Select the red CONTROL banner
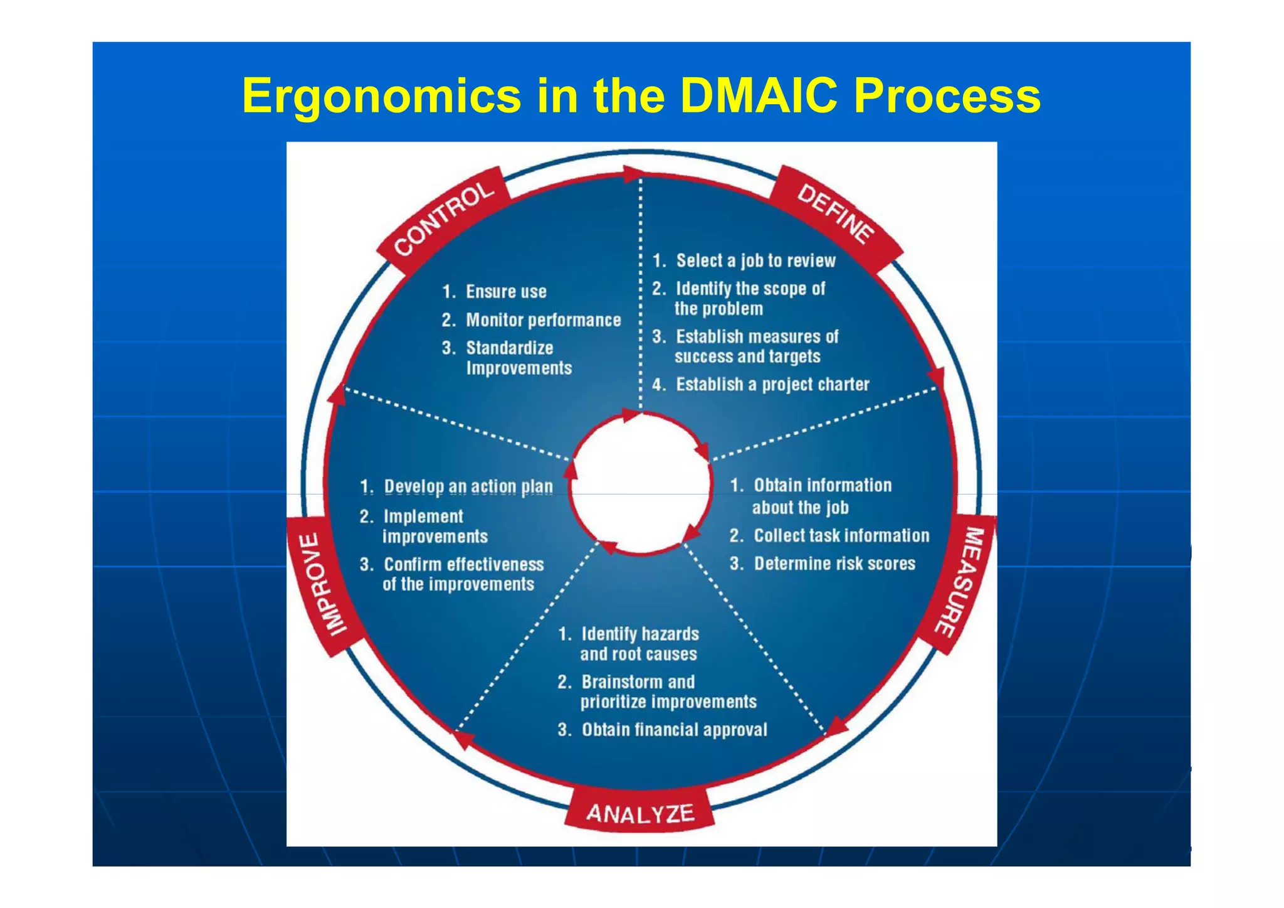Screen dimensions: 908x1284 point(444,217)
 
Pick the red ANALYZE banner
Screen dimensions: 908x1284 point(640,814)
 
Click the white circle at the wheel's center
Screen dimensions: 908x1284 point(641,483)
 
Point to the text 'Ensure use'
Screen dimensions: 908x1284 point(505,292)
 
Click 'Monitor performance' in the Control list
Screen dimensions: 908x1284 point(543,320)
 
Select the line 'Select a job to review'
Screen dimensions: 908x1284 point(755,260)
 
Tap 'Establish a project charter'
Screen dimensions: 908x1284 point(772,384)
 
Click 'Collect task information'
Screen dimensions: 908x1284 point(841,535)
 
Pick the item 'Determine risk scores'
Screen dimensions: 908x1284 point(834,563)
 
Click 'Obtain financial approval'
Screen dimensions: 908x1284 point(674,730)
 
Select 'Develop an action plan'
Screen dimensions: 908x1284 point(468,486)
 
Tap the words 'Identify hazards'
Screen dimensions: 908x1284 point(639,634)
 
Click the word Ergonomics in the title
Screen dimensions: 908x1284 point(381,95)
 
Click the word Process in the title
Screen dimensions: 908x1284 point(947,95)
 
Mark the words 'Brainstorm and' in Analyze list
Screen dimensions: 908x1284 point(638,681)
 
